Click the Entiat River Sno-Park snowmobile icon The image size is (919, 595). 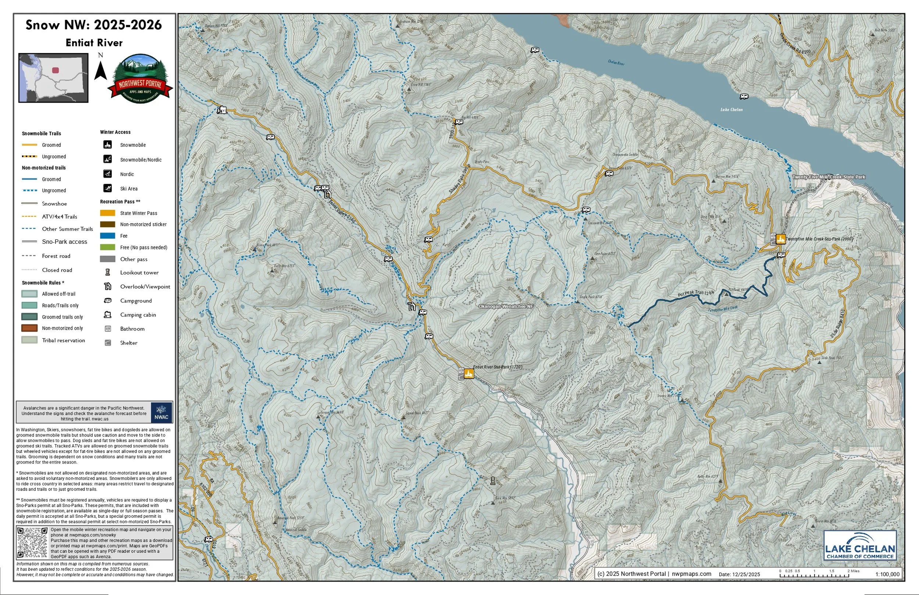click(x=469, y=374)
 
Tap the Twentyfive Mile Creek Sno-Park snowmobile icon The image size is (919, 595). click(x=780, y=239)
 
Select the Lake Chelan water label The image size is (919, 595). click(x=731, y=110)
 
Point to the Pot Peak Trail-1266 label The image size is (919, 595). click(x=696, y=294)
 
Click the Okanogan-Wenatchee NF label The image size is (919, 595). click(x=505, y=306)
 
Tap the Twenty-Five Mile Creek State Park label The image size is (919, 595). click(x=829, y=177)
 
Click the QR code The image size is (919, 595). click(x=32, y=542)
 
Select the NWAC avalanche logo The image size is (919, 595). click(x=161, y=412)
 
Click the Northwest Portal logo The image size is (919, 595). click(x=140, y=79)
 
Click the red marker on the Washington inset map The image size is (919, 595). click(x=56, y=70)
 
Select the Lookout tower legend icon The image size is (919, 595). click(x=108, y=272)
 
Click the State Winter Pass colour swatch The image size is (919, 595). click(x=107, y=213)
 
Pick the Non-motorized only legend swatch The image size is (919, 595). click(x=29, y=328)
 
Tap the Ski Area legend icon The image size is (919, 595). click(x=108, y=188)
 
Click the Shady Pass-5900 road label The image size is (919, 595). click(x=459, y=181)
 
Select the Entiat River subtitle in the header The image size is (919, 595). click(x=94, y=43)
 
